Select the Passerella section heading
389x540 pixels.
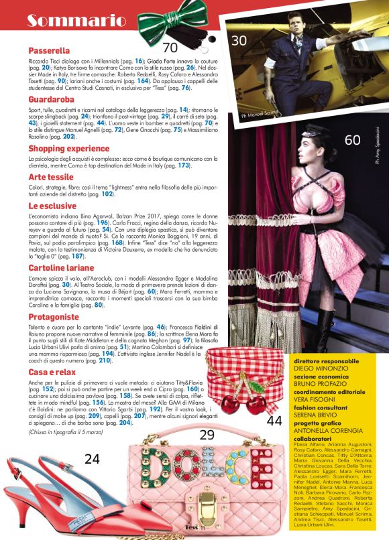click(50, 50)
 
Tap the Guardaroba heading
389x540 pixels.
click(52, 99)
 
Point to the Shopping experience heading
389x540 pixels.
click(69, 147)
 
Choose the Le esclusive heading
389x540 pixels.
click(52, 206)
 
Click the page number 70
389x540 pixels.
click(170, 47)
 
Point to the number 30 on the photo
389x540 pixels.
click(239, 41)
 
